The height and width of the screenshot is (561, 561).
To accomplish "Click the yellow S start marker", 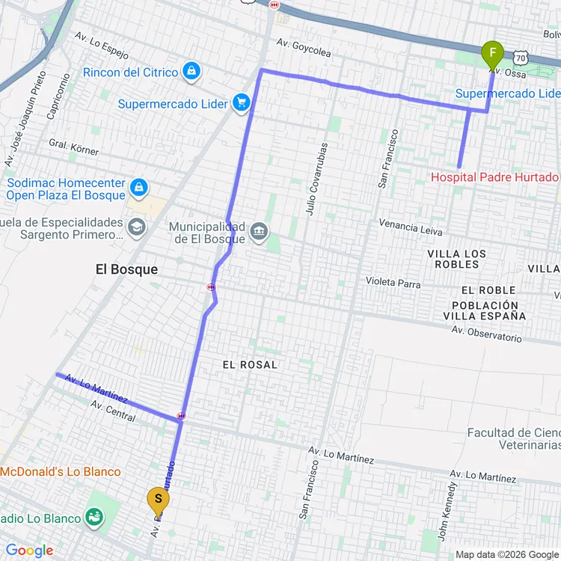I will (157, 499).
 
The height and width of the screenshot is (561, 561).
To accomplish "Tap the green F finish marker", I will (491, 54).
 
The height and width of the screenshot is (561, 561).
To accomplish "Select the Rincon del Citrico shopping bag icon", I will (192, 72).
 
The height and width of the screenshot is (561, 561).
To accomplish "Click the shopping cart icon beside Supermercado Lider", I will (240, 102).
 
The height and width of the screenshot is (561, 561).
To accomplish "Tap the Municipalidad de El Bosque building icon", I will (259, 231).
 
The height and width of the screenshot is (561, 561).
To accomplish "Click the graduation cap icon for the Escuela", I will (137, 227).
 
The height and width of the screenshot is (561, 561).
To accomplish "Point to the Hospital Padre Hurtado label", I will (494, 177).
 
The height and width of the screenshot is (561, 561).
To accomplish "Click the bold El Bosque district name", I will (127, 269).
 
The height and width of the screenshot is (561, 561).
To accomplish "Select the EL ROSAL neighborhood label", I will (250, 364).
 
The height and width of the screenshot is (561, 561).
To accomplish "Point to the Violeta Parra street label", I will (393, 283).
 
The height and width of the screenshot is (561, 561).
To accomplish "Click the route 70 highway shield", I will (521, 58).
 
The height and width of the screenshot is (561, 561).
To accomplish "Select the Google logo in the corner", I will (29, 551).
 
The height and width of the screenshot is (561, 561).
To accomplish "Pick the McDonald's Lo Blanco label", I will (60, 471).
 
